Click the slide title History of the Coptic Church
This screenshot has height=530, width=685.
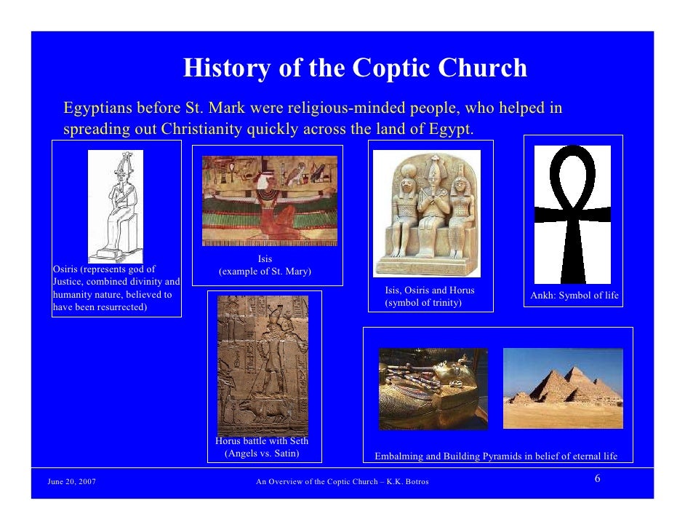(x=355, y=68)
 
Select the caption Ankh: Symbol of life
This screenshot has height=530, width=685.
(x=574, y=296)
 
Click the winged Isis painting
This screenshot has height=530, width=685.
(x=270, y=200)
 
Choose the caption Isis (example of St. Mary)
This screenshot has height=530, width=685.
(x=265, y=266)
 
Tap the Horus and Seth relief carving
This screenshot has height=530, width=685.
(x=263, y=364)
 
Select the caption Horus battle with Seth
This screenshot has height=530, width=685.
(x=262, y=441)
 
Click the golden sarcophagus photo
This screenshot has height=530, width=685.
(x=433, y=388)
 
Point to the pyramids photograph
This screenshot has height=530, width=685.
(x=563, y=387)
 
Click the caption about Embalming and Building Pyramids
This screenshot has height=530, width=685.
(x=496, y=456)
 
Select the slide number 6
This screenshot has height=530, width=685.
(x=597, y=478)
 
